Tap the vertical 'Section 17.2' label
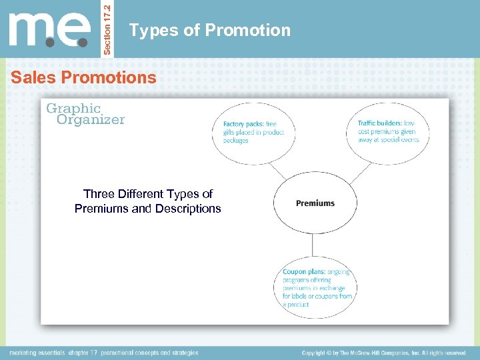click(x=111, y=29)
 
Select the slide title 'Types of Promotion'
click(x=210, y=31)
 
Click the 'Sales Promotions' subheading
click(x=83, y=78)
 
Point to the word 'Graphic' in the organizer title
click(x=73, y=108)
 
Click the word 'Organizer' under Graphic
click(x=91, y=120)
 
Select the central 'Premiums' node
click(x=315, y=203)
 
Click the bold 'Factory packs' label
click(x=243, y=124)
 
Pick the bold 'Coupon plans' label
click(x=304, y=272)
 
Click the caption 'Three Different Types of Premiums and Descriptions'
click(x=148, y=201)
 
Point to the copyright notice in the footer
click(x=383, y=353)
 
